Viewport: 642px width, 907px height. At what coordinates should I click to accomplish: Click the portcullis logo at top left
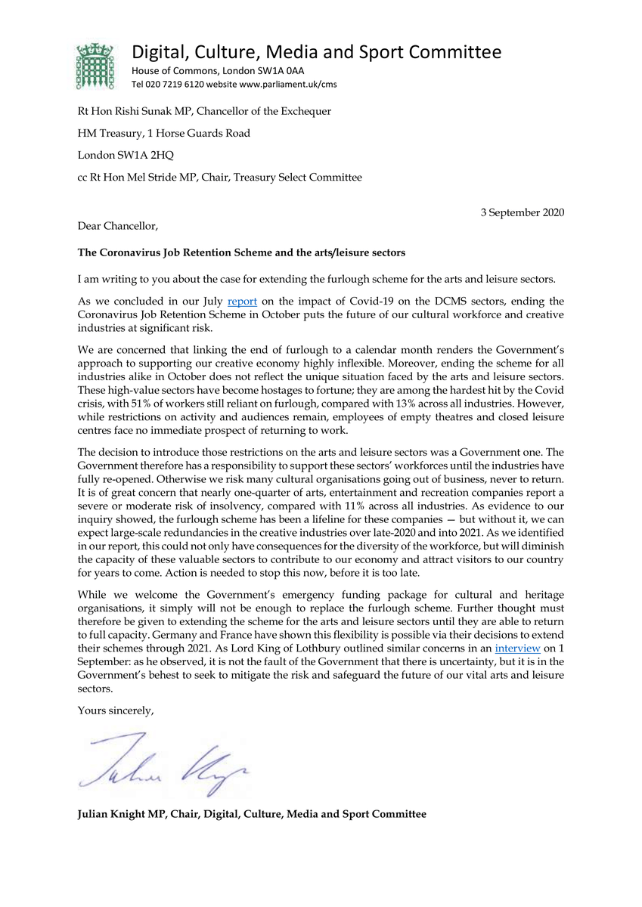pos(95,66)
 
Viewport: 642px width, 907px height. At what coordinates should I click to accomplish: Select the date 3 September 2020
pos(522,212)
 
